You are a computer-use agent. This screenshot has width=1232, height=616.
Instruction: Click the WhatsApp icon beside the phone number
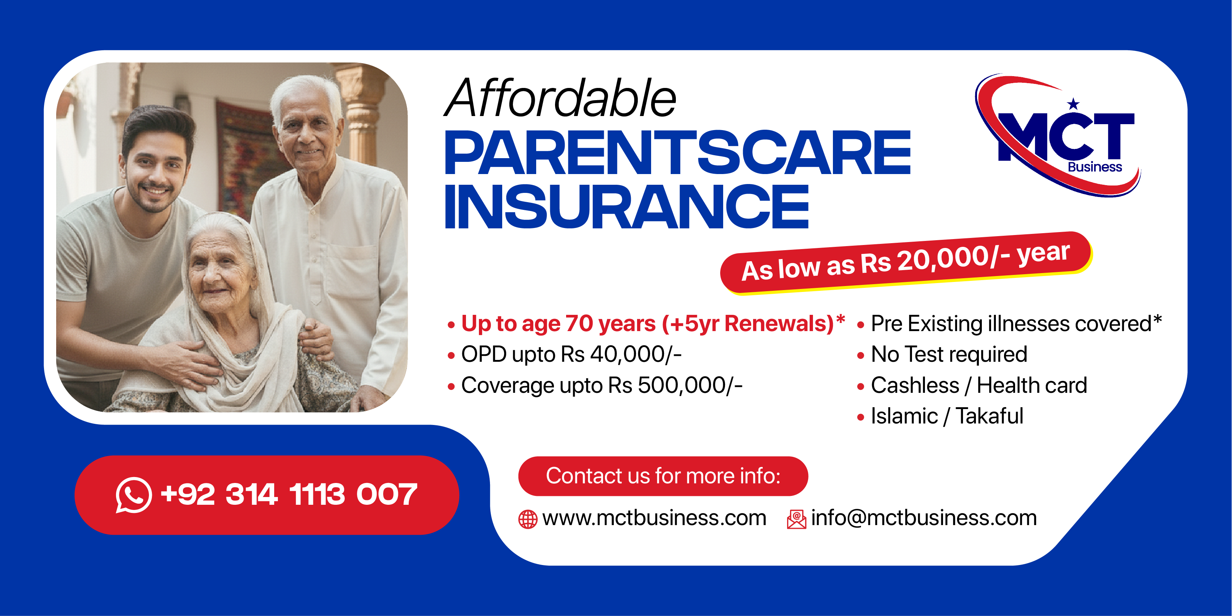coord(133,495)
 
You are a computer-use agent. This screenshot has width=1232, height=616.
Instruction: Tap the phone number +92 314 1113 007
coord(289,494)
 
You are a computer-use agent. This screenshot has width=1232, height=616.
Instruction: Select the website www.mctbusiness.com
coord(654,518)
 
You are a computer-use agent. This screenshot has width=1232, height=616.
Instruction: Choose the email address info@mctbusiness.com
coord(924,518)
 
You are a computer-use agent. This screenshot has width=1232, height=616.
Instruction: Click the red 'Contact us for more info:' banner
coord(663,476)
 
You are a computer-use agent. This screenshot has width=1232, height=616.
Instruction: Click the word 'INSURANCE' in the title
coord(626,207)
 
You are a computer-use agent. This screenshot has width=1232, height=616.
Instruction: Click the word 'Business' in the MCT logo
coord(1095,167)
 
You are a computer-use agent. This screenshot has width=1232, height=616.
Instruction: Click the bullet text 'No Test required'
coord(949,355)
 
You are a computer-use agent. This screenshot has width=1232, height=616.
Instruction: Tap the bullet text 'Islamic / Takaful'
coord(947,416)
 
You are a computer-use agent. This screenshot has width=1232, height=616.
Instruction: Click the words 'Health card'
coord(1032,385)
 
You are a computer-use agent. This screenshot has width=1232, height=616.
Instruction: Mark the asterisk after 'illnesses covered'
coord(1157,319)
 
